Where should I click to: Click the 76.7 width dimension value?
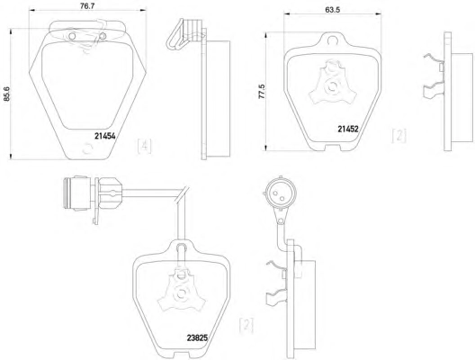pos(87,5)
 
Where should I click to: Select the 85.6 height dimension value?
pos(6,94)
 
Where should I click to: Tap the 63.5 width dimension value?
pos(332,10)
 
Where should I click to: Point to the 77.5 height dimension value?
pos(262,91)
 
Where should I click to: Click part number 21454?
pos(105,137)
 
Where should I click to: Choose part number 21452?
pos(348,129)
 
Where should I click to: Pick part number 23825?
pos(197,337)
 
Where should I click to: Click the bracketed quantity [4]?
pos(144,146)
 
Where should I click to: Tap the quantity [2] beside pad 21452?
pos(399,136)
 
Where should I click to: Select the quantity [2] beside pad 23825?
pos(246,326)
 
